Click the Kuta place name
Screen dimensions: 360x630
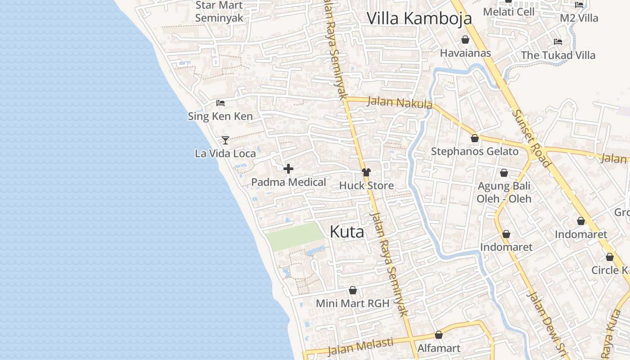pyautogui.click(x=346, y=232)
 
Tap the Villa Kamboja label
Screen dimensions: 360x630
pyautogui.click(x=419, y=18)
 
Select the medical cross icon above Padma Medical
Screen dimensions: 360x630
pyautogui.click(x=288, y=169)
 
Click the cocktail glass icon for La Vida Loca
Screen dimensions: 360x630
pyautogui.click(x=225, y=140)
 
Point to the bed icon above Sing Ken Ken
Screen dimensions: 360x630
pyautogui.click(x=220, y=103)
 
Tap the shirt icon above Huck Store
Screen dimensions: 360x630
pyautogui.click(x=366, y=172)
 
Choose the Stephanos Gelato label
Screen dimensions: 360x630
pyautogui.click(x=475, y=151)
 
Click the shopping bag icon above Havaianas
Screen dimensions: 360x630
pyautogui.click(x=465, y=40)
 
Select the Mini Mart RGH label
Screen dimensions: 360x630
pyautogui.click(x=352, y=303)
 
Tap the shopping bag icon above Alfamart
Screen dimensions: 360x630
pyautogui.click(x=439, y=335)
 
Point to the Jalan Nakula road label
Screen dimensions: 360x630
pyautogui.click(x=400, y=103)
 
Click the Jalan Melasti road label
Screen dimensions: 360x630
pyautogui.click(x=360, y=347)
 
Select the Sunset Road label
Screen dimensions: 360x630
pyautogui.click(x=531, y=138)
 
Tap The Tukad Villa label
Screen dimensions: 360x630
pyautogui.click(x=558, y=55)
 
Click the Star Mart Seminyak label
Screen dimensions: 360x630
pyautogui.click(x=219, y=12)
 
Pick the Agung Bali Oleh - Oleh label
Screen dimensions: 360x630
pyautogui.click(x=504, y=192)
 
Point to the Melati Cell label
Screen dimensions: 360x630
pyautogui.click(x=508, y=12)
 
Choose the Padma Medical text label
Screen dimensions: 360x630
pyautogui.click(x=288, y=182)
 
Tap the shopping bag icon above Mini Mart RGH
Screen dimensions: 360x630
pyautogui.click(x=353, y=290)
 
